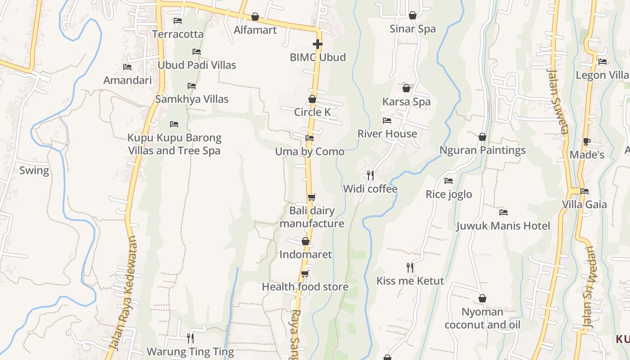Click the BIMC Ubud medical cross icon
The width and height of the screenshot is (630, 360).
click(x=318, y=44)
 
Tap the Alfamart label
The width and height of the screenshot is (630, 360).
click(x=255, y=30)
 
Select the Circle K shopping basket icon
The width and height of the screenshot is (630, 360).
click(x=312, y=99)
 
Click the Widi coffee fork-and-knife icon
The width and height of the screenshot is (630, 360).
click(x=370, y=175)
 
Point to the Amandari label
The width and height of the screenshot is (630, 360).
click(x=127, y=80)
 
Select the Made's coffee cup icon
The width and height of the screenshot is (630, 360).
click(x=587, y=141)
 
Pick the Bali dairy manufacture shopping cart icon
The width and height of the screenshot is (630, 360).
click(x=312, y=197)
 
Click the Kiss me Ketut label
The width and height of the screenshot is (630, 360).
click(x=410, y=281)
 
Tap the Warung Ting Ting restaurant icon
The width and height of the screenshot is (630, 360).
click(x=190, y=338)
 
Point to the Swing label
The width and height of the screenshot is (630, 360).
click(x=34, y=171)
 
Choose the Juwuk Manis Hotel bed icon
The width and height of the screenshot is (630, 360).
click(x=504, y=212)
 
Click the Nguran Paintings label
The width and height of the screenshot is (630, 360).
click(x=482, y=150)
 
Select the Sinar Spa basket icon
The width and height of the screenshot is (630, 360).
click(x=413, y=16)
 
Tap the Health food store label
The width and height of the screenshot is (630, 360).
click(x=305, y=287)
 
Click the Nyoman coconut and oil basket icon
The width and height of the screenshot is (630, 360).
click(x=482, y=298)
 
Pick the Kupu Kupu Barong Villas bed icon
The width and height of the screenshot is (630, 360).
click(x=174, y=124)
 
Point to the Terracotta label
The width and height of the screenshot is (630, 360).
click(x=178, y=34)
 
